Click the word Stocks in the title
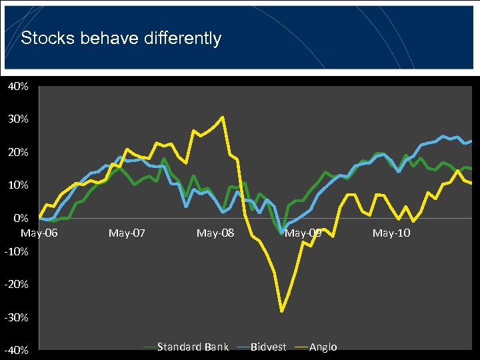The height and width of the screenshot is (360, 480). (x=47, y=39)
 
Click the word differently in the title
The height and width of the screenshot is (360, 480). (x=182, y=39)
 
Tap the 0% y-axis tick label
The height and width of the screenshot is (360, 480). (x=21, y=218)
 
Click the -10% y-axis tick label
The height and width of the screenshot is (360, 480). (x=17, y=252)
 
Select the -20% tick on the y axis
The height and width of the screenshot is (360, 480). (x=17, y=285)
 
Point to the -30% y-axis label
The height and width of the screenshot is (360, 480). (x=17, y=318)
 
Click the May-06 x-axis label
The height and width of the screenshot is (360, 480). (x=39, y=233)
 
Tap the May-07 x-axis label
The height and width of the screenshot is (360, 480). (x=127, y=233)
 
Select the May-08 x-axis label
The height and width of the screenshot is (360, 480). (x=215, y=233)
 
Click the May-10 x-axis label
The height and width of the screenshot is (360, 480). (x=391, y=233)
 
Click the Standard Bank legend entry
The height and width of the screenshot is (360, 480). (x=193, y=347)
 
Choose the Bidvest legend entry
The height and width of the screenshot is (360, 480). (x=268, y=347)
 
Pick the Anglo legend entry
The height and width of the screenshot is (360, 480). (x=323, y=347)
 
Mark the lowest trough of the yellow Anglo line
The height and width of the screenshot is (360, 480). (x=282, y=311)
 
